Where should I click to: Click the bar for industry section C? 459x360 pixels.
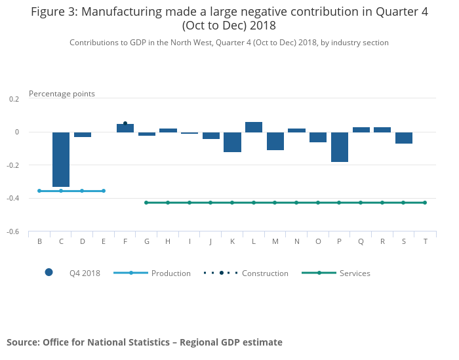pyautogui.click(x=61, y=159)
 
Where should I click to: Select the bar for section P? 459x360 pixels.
pyautogui.click(x=340, y=147)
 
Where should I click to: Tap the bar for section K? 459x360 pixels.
pyautogui.click(x=232, y=142)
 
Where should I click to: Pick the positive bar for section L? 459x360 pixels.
pyautogui.click(x=254, y=127)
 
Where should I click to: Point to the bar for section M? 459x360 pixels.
pyautogui.click(x=275, y=141)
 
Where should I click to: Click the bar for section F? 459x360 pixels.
pyautogui.click(x=125, y=129)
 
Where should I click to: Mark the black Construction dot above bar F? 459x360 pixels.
pyautogui.click(x=125, y=123)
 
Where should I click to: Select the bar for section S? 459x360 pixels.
pyautogui.click(x=404, y=138)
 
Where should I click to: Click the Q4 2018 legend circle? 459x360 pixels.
pyautogui.click(x=49, y=273)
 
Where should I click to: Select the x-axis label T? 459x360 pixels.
pyautogui.click(x=426, y=241)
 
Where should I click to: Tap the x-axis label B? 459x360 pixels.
pyautogui.click(x=39, y=241)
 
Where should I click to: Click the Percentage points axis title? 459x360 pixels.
pyautogui.click(x=62, y=94)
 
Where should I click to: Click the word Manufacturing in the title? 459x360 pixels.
pyautogui.click(x=123, y=12)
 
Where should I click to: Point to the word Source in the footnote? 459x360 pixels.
pyautogui.click(x=23, y=342)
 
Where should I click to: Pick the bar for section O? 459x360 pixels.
pyautogui.click(x=318, y=137)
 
